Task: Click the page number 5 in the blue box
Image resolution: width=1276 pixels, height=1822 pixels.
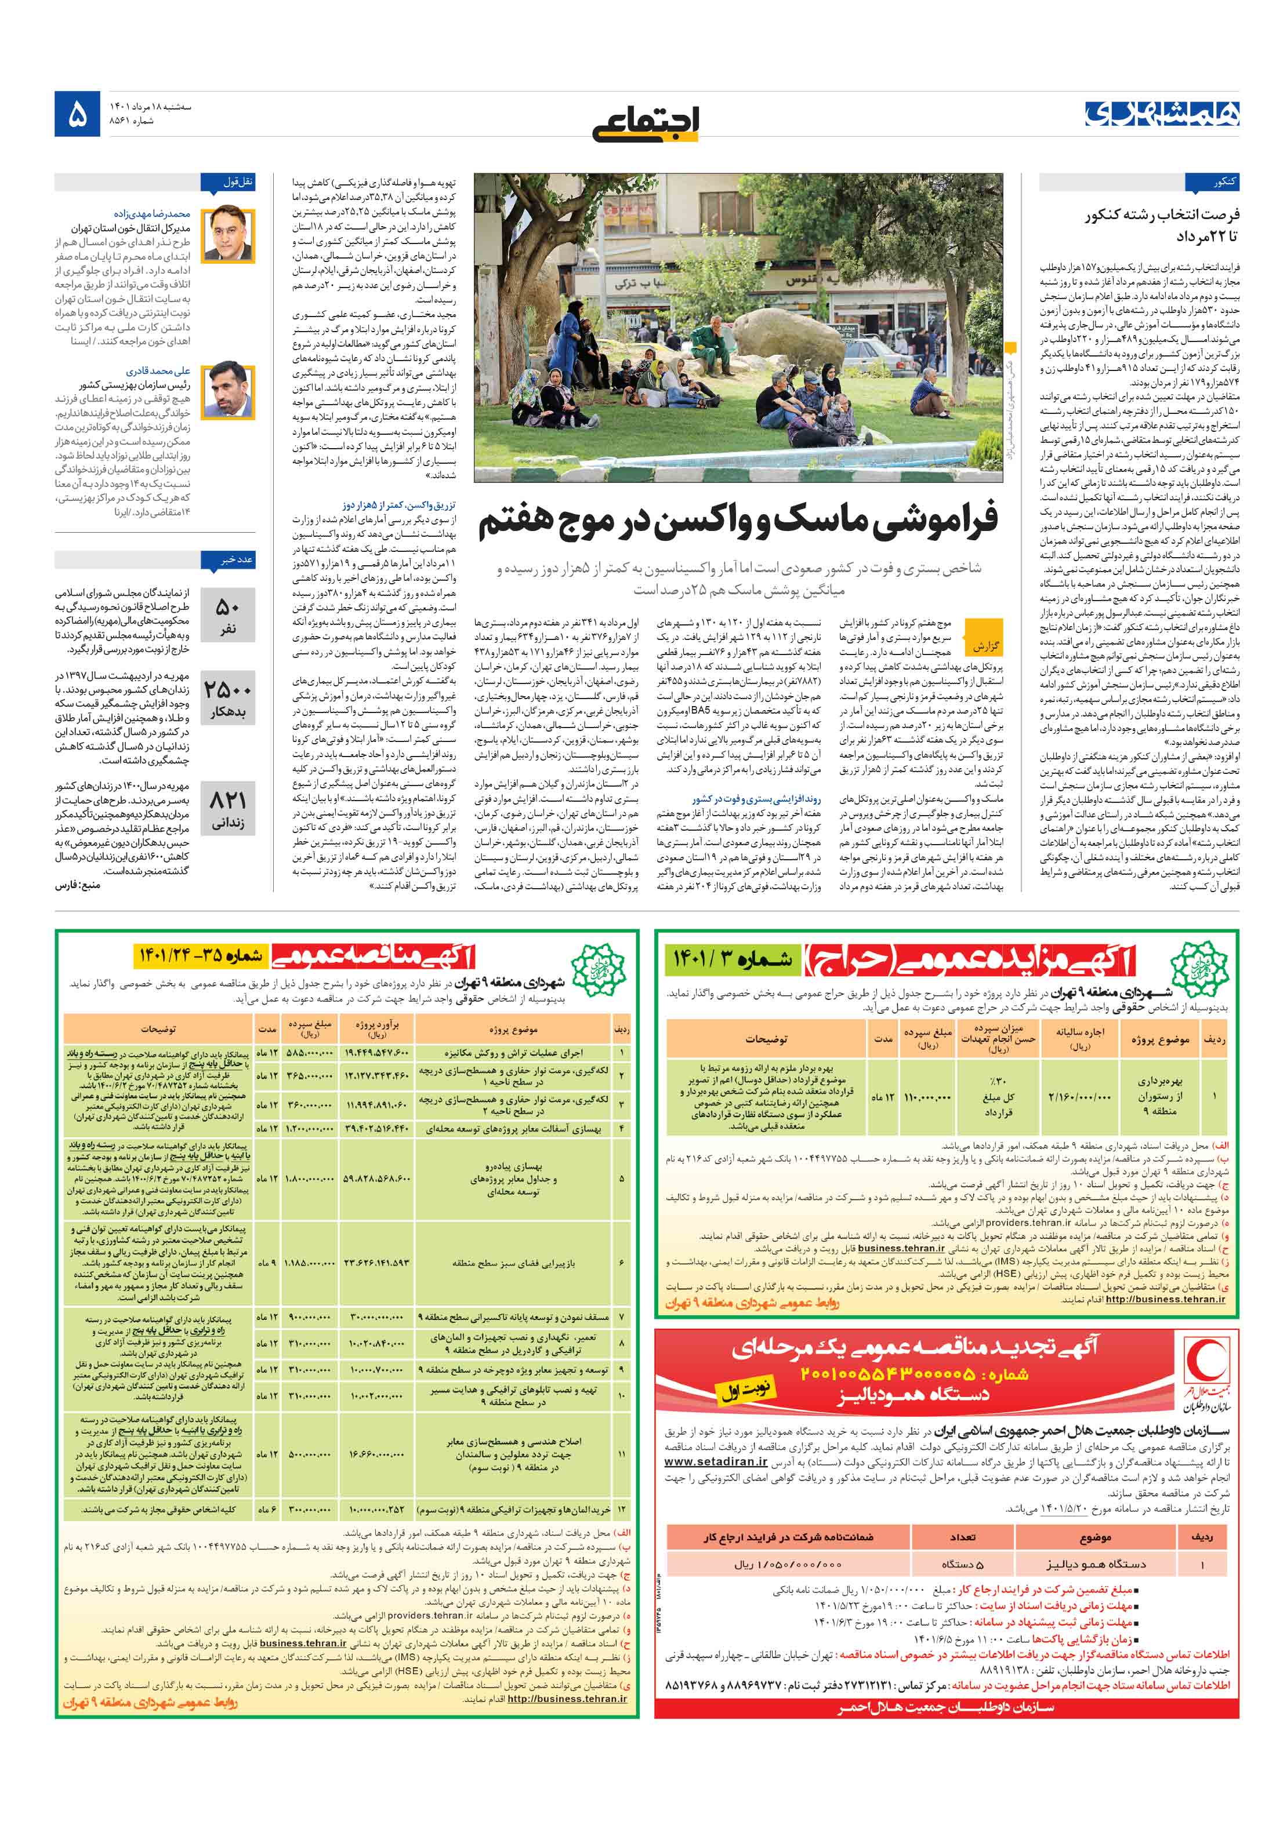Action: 78,115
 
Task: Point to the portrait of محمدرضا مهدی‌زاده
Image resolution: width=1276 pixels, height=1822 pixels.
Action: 228,235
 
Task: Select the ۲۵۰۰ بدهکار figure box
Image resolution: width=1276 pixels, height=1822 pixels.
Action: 228,699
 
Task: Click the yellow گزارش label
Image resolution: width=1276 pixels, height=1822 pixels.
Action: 984,645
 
